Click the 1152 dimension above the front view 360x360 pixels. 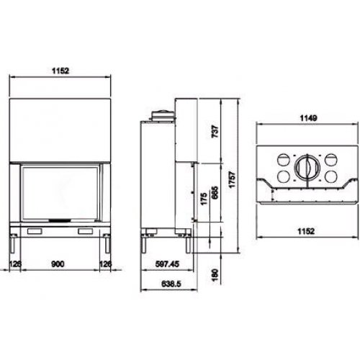point(60,71)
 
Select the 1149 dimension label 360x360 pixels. point(308,118)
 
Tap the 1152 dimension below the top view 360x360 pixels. point(306,231)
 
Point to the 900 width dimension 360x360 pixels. point(58,264)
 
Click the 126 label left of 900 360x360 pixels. point(15,264)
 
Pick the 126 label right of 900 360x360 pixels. point(106,264)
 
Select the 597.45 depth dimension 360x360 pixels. point(167,264)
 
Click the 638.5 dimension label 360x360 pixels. point(171,284)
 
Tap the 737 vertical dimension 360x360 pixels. point(215,131)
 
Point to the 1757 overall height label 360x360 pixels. point(232,179)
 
